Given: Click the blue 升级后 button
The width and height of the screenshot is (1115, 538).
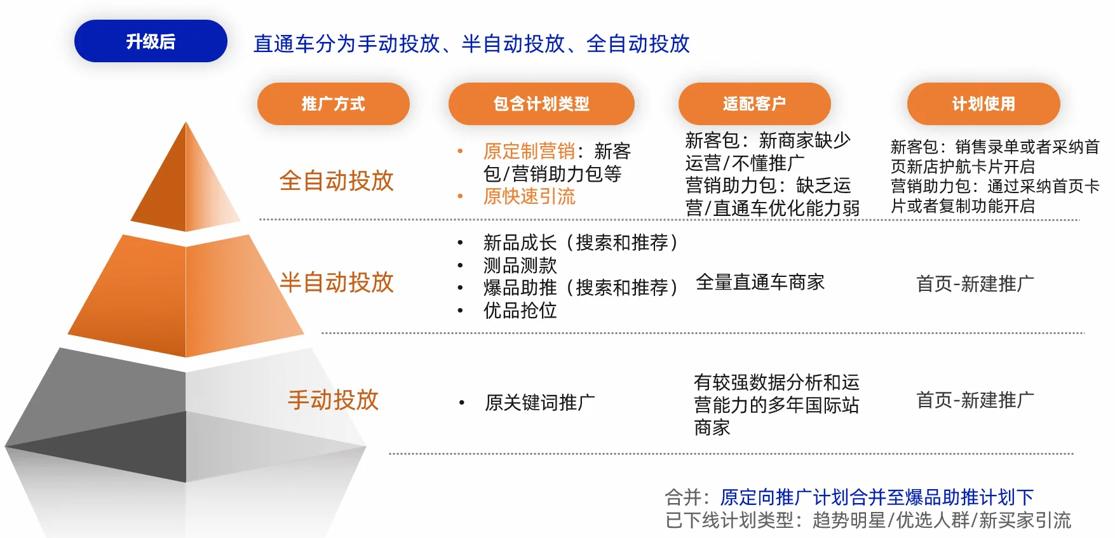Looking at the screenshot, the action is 151,41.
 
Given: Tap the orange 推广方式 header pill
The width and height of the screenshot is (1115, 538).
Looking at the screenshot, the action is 334,104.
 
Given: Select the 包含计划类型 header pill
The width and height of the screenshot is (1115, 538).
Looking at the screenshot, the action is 541,104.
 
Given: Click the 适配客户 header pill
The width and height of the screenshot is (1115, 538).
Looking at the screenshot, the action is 755,104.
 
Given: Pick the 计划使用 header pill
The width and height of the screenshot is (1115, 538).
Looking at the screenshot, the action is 983,104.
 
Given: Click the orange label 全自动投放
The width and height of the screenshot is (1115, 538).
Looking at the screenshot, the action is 337,181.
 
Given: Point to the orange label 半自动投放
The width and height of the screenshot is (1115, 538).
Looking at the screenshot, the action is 337,283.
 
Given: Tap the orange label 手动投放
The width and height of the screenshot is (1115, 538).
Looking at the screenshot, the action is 334,400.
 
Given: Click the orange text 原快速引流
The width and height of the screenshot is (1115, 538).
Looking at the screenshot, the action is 529,196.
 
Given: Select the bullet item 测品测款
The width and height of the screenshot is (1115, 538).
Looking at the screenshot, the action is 520,265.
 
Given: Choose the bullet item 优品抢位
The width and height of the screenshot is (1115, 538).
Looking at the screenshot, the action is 520,311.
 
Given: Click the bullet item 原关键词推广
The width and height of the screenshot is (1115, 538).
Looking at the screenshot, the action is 540,403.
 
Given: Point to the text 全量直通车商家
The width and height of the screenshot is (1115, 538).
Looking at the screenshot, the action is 760,282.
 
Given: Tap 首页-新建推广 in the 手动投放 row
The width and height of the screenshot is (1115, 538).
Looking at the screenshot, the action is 975,400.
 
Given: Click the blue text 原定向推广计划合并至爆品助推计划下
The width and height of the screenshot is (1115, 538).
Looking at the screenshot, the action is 877,497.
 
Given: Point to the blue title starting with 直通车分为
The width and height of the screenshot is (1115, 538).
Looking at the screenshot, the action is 471,44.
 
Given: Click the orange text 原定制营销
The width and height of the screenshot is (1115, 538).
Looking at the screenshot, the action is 529,151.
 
